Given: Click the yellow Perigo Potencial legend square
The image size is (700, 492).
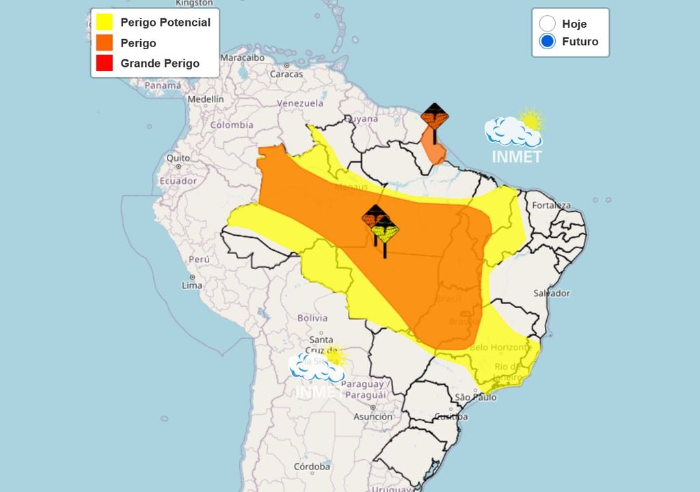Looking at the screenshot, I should [x=105, y=23].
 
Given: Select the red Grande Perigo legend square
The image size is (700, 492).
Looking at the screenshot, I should [x=105, y=64].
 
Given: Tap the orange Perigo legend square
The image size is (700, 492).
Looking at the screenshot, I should [x=105, y=43].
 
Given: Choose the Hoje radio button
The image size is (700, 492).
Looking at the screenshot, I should [x=547, y=24].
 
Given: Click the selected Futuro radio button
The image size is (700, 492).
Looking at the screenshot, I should [x=547, y=42].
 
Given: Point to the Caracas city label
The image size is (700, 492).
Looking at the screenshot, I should [x=286, y=74].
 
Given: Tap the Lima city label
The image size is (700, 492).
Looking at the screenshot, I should [x=192, y=285].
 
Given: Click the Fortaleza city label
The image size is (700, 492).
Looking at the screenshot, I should [x=551, y=205].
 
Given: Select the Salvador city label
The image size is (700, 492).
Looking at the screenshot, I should [x=552, y=293].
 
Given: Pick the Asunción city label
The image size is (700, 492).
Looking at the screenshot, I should [x=373, y=416].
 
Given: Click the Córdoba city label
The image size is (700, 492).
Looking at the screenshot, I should [x=312, y=467].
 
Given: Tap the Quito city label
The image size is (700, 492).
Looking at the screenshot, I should [x=178, y=158].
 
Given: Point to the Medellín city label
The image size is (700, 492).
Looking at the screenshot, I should [x=205, y=99].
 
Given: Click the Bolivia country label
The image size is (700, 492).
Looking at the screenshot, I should [x=313, y=318].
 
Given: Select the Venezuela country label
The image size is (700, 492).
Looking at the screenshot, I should [x=300, y=103].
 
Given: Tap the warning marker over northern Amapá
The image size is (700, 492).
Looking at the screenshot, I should [x=434, y=117].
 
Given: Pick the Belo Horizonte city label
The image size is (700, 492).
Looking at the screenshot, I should [x=500, y=347].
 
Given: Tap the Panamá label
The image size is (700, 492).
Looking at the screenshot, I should [x=163, y=86].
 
